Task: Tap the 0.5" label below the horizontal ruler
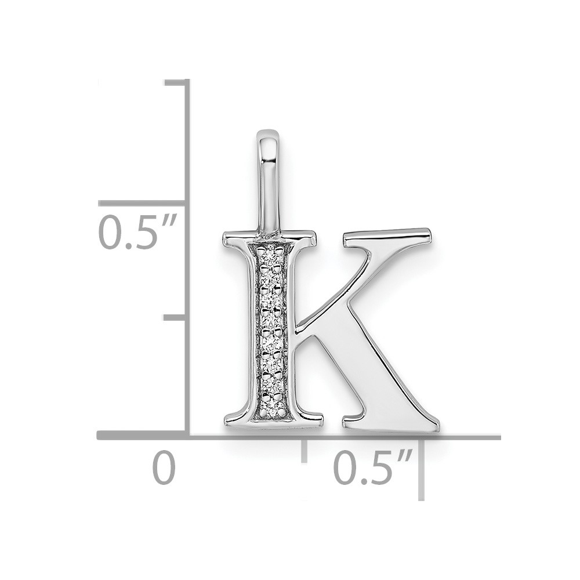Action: [373, 466]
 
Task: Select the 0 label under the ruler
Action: [164, 467]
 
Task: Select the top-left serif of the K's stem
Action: [237, 238]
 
